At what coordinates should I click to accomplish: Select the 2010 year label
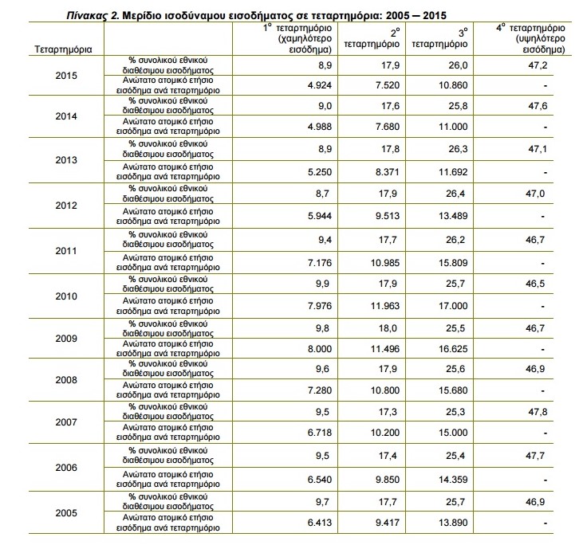[68, 296]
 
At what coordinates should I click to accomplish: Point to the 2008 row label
[68, 379]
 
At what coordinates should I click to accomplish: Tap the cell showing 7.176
[309, 261]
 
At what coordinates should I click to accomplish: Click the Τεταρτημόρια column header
[64, 49]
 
